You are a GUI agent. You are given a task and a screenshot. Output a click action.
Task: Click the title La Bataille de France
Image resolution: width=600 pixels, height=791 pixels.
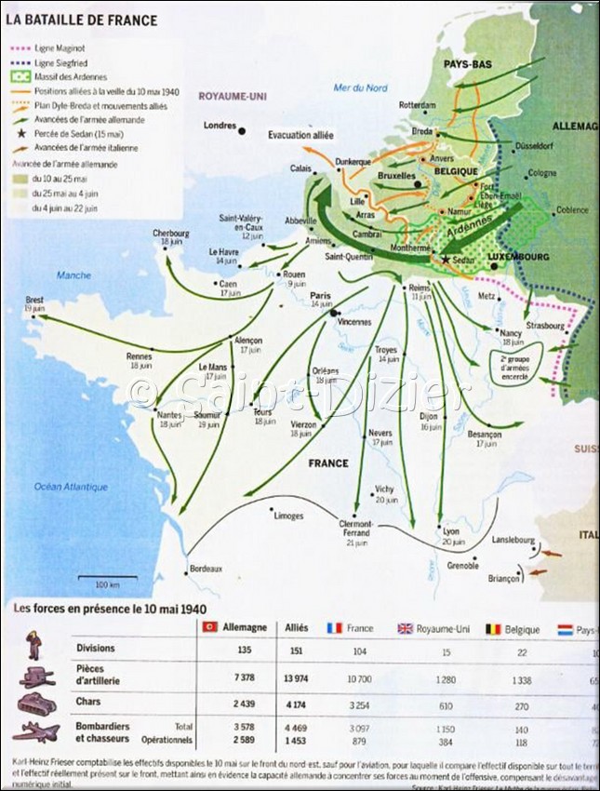point(82,20)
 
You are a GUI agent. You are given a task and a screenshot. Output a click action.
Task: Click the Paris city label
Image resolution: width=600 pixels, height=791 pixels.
point(321,295)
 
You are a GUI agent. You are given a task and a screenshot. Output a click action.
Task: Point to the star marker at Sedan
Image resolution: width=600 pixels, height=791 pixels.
point(446,260)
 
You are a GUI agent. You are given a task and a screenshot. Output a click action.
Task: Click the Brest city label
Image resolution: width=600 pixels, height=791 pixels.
point(35,300)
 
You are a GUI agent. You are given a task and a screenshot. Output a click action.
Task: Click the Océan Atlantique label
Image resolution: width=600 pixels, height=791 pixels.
point(71,487)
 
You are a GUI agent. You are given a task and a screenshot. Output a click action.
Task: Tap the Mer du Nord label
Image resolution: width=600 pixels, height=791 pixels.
point(361,87)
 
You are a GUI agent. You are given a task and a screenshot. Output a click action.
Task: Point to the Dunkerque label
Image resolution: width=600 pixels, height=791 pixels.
point(353,161)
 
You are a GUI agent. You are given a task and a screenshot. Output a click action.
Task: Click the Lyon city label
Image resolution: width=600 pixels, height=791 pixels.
point(452,530)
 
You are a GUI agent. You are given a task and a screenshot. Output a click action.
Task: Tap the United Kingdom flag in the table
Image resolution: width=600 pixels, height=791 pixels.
point(405,628)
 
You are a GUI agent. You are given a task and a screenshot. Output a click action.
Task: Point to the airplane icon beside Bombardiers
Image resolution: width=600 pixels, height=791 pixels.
point(37,731)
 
